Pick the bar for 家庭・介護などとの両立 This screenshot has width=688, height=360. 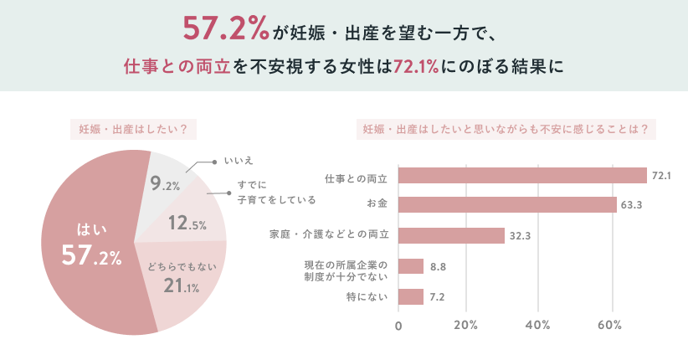[x=451, y=235]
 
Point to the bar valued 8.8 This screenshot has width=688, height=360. [x=410, y=266]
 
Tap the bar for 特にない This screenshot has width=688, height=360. [x=410, y=296]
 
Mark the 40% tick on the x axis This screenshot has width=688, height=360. [x=538, y=325]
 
